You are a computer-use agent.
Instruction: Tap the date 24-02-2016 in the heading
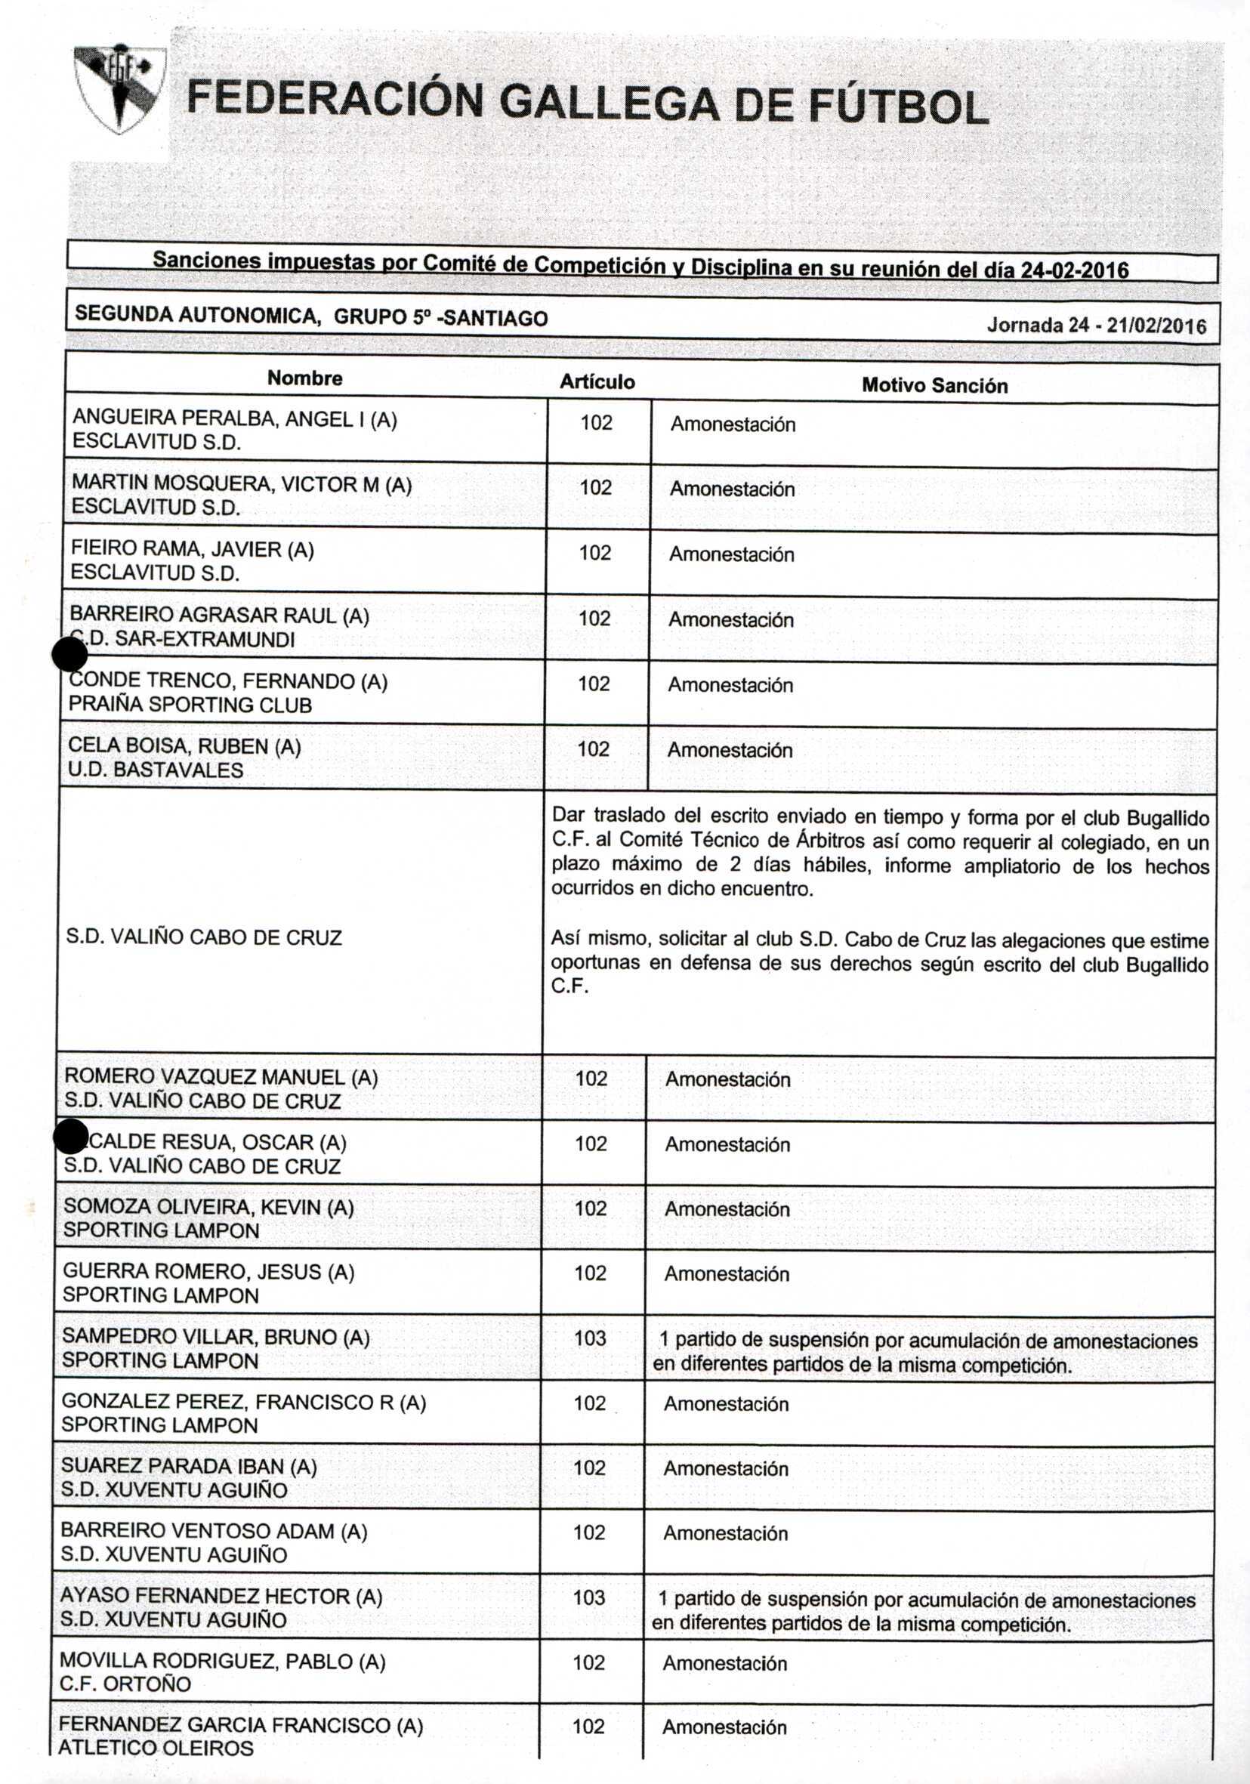coord(1074,270)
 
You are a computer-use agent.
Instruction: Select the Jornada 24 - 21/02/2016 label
coord(1096,325)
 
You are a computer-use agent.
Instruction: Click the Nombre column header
coord(304,378)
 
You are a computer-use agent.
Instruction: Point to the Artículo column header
coord(597,381)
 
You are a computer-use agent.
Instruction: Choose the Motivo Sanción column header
coord(934,385)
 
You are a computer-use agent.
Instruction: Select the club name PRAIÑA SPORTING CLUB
coord(190,705)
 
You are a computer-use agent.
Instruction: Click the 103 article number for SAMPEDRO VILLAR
coord(590,1338)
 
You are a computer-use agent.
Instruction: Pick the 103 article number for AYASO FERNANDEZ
coord(588,1597)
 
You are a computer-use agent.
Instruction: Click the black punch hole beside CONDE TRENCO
coord(70,656)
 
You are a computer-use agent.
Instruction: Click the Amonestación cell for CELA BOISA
coord(730,750)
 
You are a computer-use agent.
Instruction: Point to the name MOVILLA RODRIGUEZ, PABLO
coord(222,1661)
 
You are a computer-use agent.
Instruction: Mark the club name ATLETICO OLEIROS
coord(156,1749)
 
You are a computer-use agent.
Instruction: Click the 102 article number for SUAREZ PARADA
coord(590,1468)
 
